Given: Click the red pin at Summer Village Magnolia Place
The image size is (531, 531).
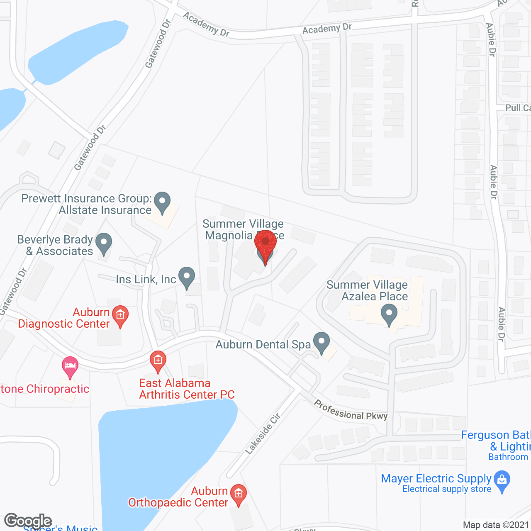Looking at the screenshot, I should click(265, 242).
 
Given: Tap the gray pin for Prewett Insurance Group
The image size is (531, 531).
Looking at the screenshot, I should click(162, 202).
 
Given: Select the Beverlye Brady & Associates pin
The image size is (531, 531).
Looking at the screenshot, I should click(104, 244).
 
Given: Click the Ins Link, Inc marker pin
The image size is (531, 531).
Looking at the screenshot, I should click(187, 277).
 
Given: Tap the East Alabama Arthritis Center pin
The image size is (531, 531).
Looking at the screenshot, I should click(158, 361).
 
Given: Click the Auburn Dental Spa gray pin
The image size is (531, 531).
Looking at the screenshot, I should click(321, 343).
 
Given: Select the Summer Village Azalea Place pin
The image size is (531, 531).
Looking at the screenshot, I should click(389, 314).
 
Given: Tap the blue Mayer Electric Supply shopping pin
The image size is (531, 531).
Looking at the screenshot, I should click(502, 481).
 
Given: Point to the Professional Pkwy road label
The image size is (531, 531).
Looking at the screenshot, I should click(351, 410).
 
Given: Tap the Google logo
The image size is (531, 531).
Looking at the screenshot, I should click(28, 521).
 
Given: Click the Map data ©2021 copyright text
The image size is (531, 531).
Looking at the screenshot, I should click(496, 525).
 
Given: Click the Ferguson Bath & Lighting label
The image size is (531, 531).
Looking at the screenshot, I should click(496, 441).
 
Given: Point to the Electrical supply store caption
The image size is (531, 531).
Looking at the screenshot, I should click(447, 489).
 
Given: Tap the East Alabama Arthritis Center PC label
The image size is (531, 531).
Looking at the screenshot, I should click(187, 389).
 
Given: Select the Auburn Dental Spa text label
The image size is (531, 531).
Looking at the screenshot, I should click(263, 345).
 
